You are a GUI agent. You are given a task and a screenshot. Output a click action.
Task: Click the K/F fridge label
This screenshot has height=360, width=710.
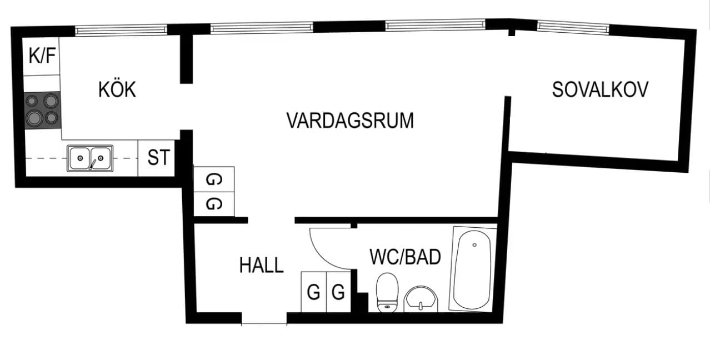42,56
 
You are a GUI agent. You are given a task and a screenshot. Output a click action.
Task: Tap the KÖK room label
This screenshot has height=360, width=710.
117,89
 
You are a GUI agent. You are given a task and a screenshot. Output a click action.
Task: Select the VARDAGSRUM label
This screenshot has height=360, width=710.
350,121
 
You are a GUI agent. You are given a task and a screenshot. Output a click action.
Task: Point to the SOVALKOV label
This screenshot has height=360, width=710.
600,90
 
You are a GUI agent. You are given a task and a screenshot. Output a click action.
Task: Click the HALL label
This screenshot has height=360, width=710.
261,265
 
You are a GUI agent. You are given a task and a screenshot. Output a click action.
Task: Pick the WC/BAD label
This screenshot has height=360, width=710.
406,257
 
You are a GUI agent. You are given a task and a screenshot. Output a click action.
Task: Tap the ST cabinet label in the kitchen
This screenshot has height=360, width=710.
158,158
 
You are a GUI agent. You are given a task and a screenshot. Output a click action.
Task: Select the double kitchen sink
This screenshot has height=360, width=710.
90,158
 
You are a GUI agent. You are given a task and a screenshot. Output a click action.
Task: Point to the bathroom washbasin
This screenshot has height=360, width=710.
421,300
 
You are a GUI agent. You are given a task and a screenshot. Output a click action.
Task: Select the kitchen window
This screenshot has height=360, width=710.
121,30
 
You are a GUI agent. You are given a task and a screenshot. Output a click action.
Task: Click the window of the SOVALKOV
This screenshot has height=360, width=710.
573,26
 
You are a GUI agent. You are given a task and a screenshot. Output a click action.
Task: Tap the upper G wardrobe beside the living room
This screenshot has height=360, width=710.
213,179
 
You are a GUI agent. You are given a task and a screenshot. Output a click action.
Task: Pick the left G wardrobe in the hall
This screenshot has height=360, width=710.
313,292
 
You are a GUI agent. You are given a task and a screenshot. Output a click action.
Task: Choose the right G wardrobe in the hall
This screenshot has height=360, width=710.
338,292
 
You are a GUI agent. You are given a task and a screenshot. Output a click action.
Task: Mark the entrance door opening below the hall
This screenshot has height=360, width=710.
264,320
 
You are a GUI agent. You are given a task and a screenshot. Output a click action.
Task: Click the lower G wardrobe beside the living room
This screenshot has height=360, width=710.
213,204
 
